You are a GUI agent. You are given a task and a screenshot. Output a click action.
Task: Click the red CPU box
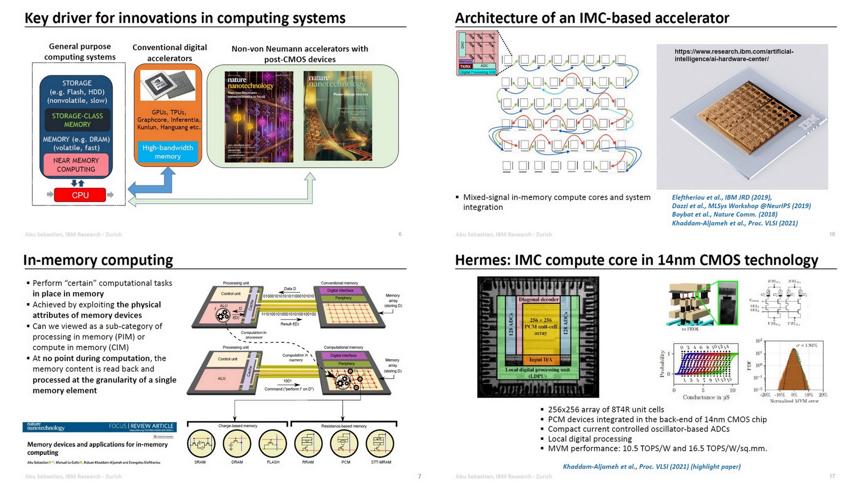tap(80, 195)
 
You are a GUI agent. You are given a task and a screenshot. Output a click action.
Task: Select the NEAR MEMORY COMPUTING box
tap(76, 165)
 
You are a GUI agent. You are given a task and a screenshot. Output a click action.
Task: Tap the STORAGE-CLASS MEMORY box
tap(77, 120)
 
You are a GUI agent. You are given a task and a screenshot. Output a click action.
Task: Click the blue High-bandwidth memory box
tap(167, 152)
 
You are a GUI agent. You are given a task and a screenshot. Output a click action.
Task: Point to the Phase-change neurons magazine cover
tap(337, 116)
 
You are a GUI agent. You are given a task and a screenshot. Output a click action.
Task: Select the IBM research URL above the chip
tap(733, 55)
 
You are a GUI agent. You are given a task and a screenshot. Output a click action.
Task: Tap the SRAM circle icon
tap(200, 444)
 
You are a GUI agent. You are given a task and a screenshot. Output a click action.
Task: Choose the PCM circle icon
tap(345, 444)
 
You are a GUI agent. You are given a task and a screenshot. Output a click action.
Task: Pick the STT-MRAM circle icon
tap(380, 444)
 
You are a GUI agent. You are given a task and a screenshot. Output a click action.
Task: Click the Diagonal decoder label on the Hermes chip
tap(539, 300)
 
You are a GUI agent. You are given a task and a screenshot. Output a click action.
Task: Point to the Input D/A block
tap(540, 359)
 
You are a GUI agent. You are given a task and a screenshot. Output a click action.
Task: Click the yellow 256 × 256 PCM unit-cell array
tap(540, 327)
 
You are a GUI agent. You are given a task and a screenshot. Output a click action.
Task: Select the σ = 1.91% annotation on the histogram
tap(806, 345)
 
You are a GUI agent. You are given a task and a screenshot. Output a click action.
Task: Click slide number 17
tap(832, 476)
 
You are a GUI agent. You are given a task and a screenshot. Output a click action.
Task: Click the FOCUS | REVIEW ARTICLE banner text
tap(141, 426)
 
